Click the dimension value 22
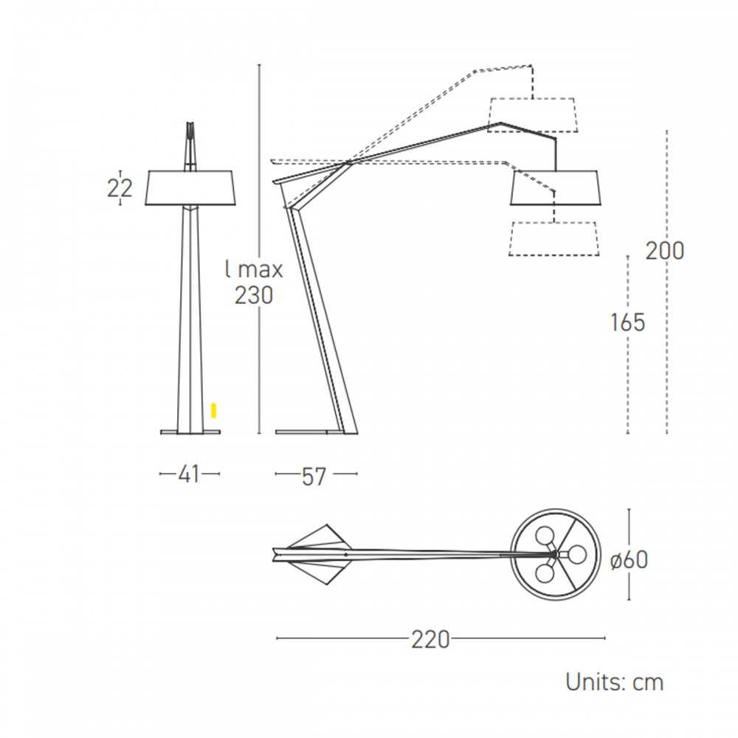(120, 188)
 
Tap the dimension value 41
(189, 474)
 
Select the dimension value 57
(314, 476)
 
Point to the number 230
(254, 296)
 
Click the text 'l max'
(254, 269)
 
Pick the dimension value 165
(627, 323)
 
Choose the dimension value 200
(665, 251)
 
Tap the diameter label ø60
(629, 559)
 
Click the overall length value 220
(430, 639)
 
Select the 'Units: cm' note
(614, 682)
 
